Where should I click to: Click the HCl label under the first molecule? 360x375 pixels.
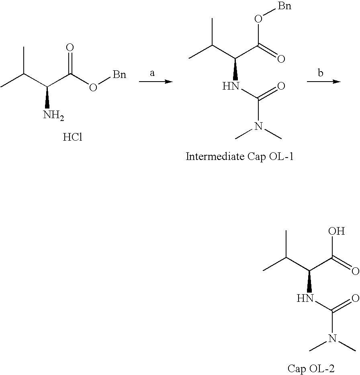tap(73, 137)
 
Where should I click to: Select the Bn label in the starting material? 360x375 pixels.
tap(119, 75)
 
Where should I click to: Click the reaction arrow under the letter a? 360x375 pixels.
tap(155, 82)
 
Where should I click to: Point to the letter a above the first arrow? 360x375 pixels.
tap(152, 73)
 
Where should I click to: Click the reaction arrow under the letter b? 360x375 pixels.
tap(323, 82)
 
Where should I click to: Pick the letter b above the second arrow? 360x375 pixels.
tap(320, 73)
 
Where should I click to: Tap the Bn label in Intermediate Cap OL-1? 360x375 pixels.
tap(284, 7)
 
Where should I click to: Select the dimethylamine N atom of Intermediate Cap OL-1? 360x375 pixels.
tap(258, 127)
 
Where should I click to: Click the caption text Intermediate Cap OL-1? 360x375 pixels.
tap(239, 156)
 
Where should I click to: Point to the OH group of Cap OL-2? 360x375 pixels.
tap(336, 232)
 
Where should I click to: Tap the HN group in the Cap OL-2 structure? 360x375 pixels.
tap(305, 298)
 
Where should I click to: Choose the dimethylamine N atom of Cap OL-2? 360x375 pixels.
tap(332, 339)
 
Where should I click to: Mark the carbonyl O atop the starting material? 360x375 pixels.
tap(70, 48)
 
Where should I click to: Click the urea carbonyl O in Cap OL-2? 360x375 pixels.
tap(355, 298)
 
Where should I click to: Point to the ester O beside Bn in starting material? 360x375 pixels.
tap(93, 87)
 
